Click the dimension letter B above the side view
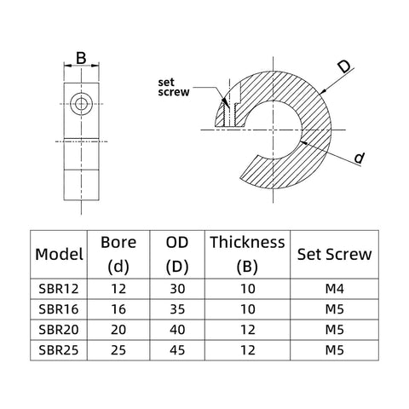click(x=82, y=58)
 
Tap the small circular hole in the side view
click(x=82, y=103)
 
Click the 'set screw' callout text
click(x=174, y=87)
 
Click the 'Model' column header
click(x=59, y=254)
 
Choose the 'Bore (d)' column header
click(x=118, y=254)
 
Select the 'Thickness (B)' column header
click(x=246, y=254)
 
